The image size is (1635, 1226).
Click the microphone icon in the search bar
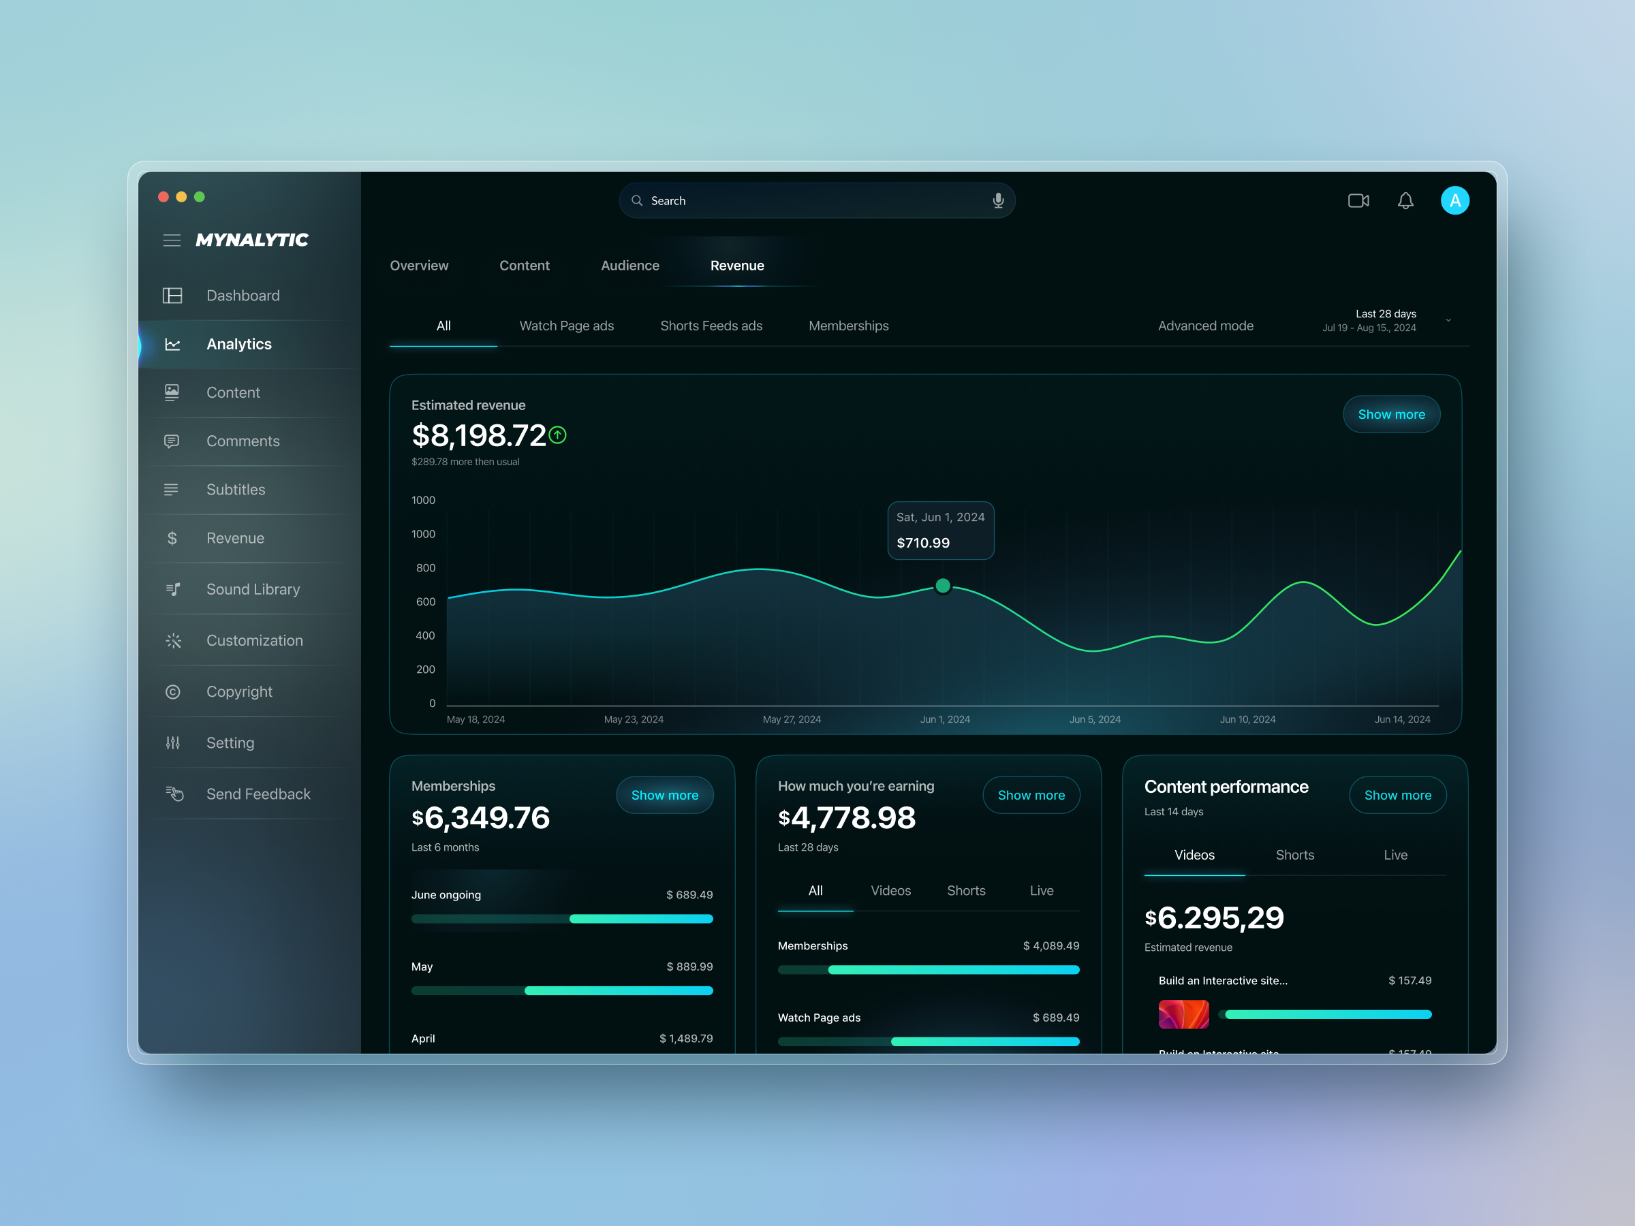click(998, 200)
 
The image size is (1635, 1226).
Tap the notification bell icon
click(1405, 200)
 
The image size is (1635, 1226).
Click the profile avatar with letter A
click(1454, 200)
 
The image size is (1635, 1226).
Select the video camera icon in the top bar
click(1358, 200)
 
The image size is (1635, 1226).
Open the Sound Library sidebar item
click(252, 589)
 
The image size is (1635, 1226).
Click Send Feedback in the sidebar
click(258, 793)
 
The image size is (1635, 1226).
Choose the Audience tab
click(629, 266)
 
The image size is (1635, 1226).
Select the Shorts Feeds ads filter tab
click(711, 326)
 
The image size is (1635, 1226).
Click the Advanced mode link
click(1205, 326)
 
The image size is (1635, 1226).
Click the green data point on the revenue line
click(942, 586)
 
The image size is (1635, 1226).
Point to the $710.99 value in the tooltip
click(922, 543)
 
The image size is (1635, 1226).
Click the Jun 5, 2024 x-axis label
click(1095, 719)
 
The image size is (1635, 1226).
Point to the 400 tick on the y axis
click(425, 635)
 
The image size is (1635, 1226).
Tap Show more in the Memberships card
click(664, 795)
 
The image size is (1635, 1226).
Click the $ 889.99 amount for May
click(689, 966)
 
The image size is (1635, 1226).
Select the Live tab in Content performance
click(1395, 855)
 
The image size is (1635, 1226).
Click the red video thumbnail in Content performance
click(1183, 1014)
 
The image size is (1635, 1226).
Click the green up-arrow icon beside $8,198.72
click(558, 435)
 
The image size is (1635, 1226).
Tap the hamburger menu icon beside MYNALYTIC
click(172, 240)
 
